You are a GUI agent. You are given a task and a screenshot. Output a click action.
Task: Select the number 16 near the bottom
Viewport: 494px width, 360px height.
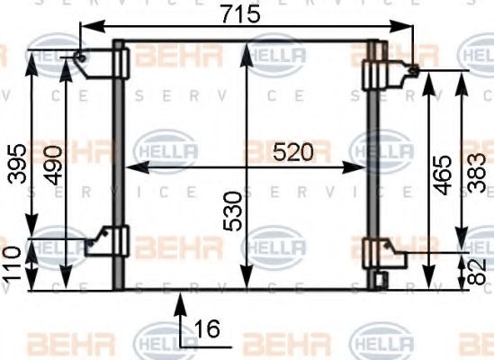207,329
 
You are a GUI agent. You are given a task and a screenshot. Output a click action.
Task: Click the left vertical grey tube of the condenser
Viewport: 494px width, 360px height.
117,162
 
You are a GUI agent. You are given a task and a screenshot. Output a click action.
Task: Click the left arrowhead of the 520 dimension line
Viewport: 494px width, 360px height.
128,167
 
